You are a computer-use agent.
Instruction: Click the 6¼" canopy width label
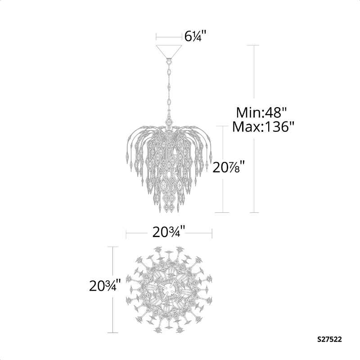(x=196, y=36)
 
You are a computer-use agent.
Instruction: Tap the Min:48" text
(x=261, y=112)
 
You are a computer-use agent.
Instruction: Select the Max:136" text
(x=263, y=126)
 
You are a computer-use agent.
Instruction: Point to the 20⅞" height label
(x=229, y=167)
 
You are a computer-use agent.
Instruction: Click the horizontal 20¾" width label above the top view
(x=169, y=233)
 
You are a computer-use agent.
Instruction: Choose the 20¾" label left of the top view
(x=105, y=285)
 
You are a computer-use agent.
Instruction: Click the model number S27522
(x=329, y=339)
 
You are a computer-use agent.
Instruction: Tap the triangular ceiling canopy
(x=169, y=51)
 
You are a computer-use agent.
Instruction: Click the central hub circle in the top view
(x=169, y=290)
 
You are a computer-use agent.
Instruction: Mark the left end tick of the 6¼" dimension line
(x=156, y=37)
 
